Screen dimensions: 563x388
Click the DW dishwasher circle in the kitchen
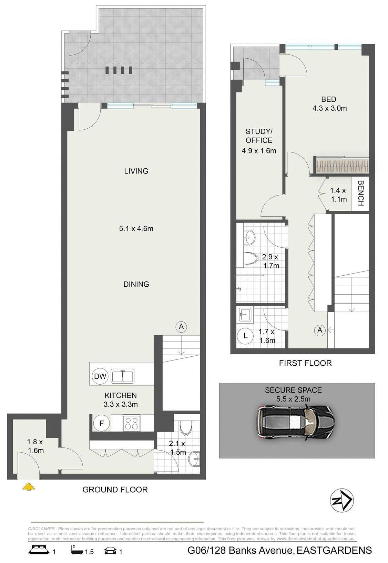tap(100, 376)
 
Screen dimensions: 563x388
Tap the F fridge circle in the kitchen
tap(102, 423)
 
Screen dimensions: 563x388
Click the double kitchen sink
tap(122, 376)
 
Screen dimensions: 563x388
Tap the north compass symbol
tap(341, 500)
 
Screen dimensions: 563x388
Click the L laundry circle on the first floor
tap(245, 335)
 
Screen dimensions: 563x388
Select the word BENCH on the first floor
tap(360, 193)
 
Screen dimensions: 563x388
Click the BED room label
tap(328, 99)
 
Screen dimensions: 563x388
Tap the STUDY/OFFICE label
tap(259, 136)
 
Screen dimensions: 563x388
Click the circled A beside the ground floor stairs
tap(181, 326)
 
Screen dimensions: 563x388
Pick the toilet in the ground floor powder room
tap(186, 428)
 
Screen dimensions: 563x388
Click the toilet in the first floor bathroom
tap(250, 259)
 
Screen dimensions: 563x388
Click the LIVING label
tap(136, 171)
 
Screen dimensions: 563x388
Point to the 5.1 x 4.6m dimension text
tap(136, 228)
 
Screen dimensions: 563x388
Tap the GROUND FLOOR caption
tap(115, 490)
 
